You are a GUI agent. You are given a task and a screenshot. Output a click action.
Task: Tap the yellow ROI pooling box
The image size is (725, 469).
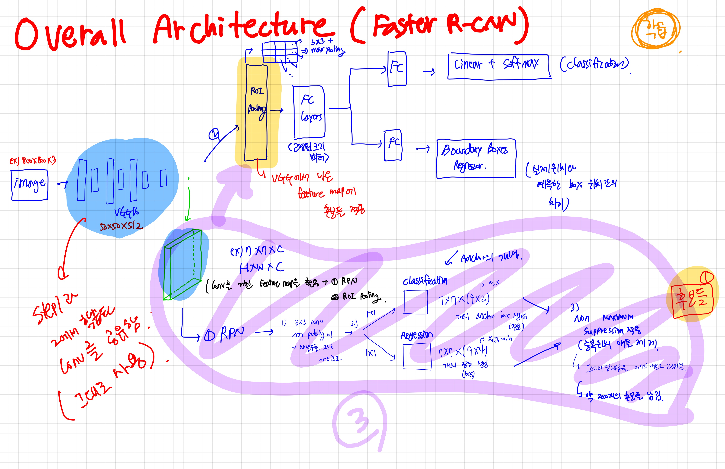[x=257, y=113]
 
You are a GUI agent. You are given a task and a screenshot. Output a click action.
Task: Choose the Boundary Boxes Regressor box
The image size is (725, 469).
[x=476, y=158]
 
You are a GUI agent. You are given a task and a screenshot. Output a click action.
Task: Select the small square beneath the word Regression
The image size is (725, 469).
[x=417, y=356]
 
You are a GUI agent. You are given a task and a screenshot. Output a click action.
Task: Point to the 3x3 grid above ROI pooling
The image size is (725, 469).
[x=280, y=52]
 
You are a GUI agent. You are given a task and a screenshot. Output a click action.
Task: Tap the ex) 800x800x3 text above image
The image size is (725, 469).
[x=33, y=161]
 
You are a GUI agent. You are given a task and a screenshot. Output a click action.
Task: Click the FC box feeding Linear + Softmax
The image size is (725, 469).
[x=397, y=69]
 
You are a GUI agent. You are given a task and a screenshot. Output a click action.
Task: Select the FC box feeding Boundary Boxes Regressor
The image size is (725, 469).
[x=393, y=145]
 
